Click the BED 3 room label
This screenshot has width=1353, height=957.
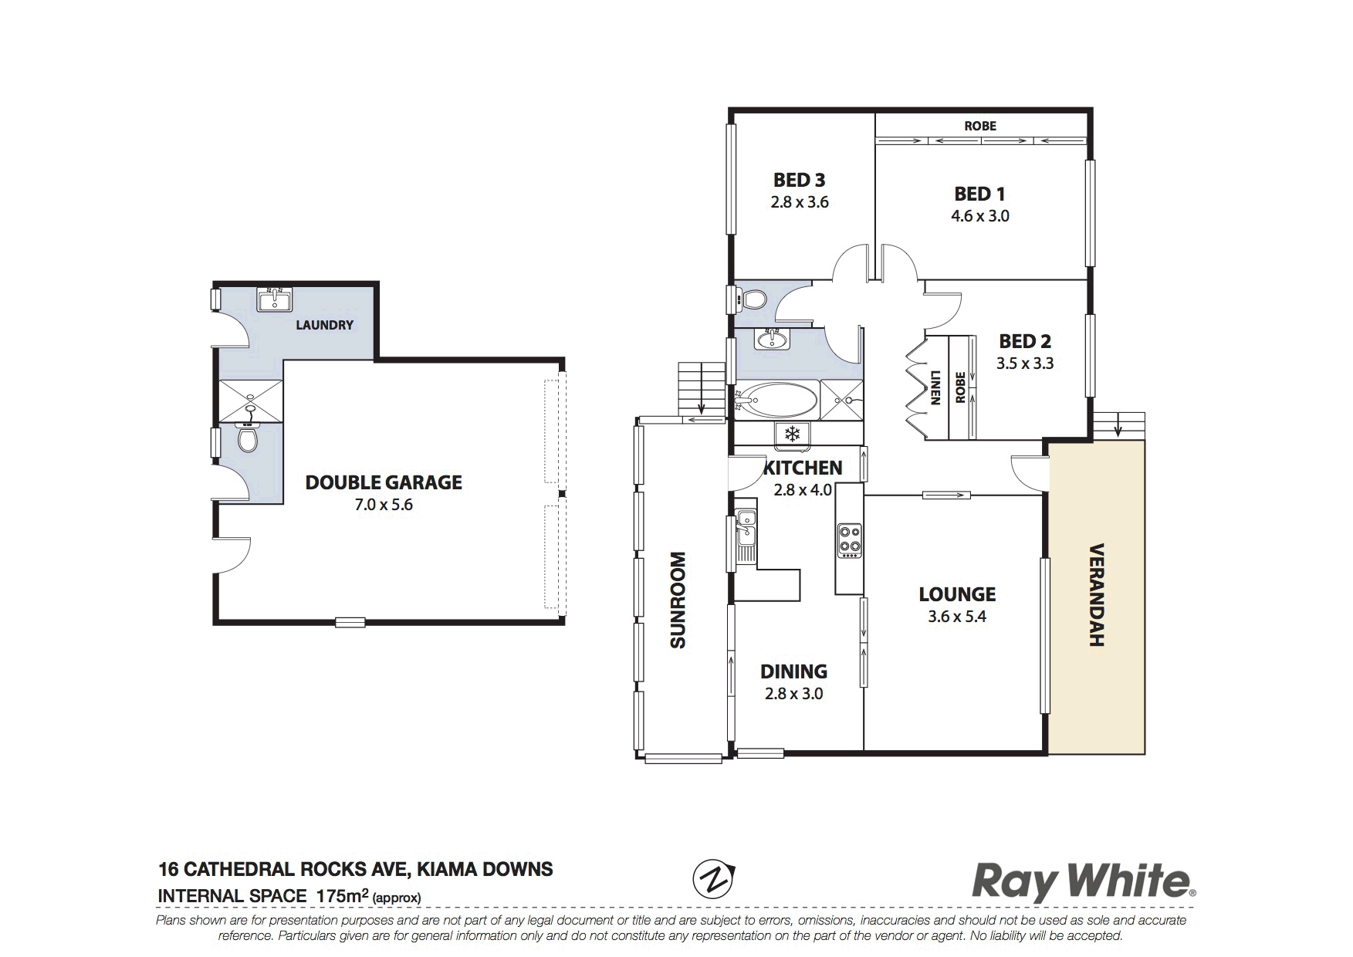pos(799,180)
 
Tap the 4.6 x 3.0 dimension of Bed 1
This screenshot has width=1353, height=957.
pos(979,216)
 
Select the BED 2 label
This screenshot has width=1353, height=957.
pos(1025,341)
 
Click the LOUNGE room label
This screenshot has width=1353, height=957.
pos(957,594)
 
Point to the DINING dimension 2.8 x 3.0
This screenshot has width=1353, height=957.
pos(793,694)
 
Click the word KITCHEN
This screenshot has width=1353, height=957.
pos(803,468)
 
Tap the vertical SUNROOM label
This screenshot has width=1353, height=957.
pos(678,600)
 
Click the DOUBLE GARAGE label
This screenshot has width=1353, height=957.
pos(384,482)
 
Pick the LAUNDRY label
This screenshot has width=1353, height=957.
pos(324,325)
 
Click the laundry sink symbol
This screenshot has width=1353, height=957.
pos(275,299)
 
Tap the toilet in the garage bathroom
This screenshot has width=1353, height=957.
pos(246,438)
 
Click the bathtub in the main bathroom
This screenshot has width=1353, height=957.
pos(776,400)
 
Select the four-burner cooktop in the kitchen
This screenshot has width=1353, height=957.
pos(850,539)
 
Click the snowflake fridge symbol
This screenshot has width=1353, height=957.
pos(791,434)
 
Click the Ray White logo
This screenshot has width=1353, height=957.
pos(1084,882)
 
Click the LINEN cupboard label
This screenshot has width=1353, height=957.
pos(935,388)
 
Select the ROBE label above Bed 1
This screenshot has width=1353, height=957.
pos(980,126)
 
